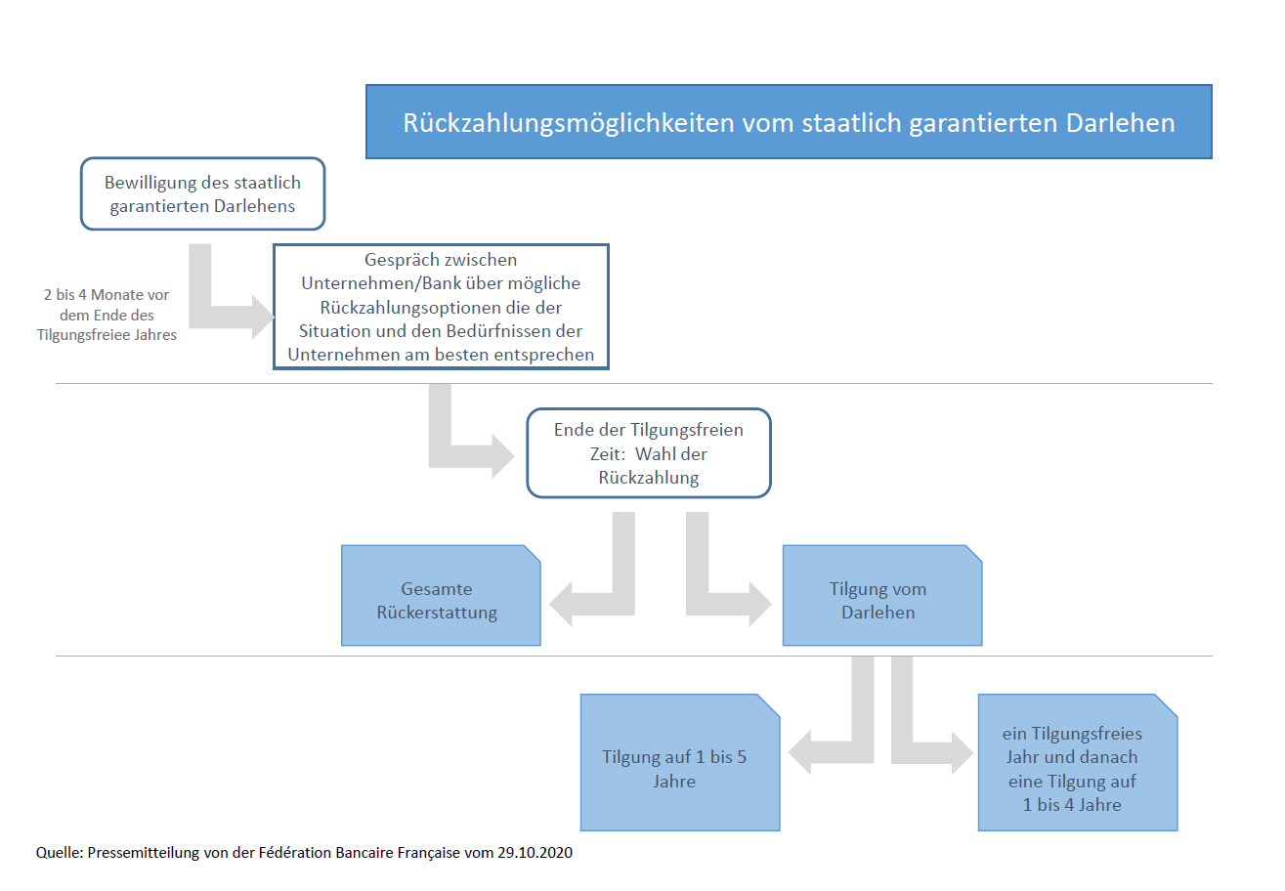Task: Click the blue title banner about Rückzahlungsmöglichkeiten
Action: [x=789, y=121]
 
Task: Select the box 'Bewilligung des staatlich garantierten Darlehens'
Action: [x=202, y=193]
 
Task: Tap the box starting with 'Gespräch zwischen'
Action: [x=441, y=307]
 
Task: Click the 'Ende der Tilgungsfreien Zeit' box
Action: [x=648, y=453]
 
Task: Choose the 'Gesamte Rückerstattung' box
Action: [x=441, y=596]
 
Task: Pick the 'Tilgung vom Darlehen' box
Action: [x=881, y=596]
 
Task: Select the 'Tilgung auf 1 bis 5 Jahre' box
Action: [x=679, y=762]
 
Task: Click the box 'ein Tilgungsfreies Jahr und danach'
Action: [x=1077, y=762]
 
